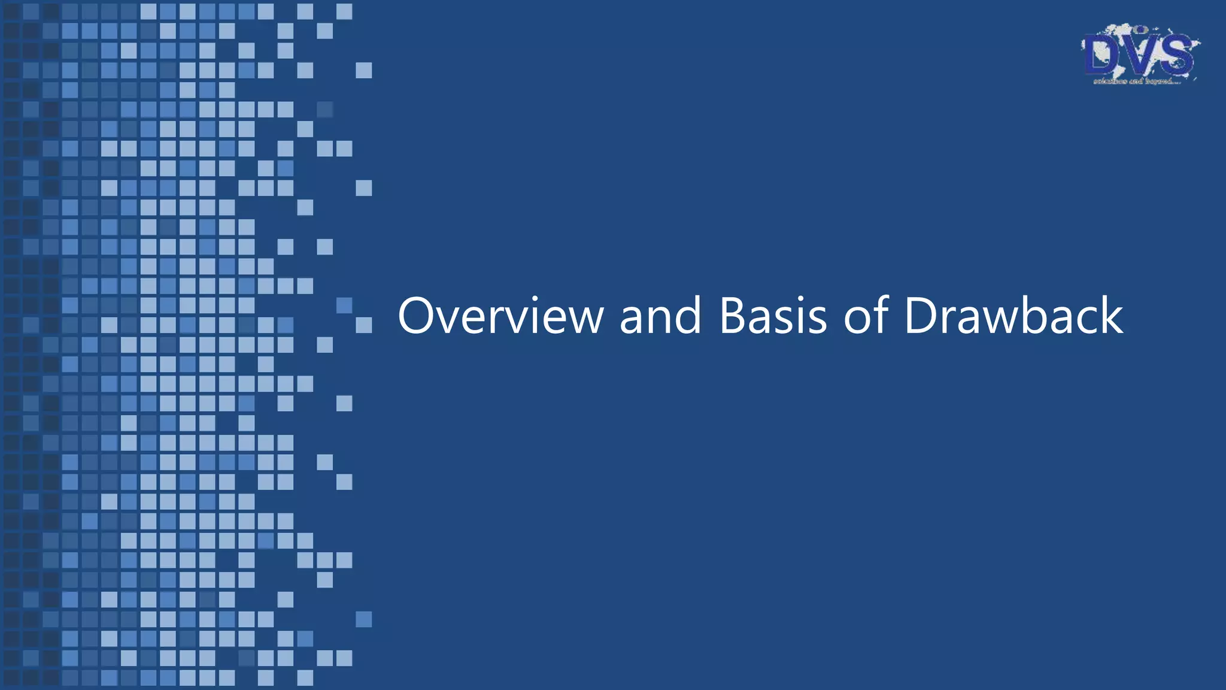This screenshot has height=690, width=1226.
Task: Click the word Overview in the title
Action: coord(500,316)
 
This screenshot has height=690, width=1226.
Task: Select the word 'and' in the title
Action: coord(660,316)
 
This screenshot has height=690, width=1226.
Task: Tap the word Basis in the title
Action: coord(773,316)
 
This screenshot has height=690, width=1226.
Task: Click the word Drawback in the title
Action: coord(1013,316)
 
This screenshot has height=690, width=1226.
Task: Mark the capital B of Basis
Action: coord(732,316)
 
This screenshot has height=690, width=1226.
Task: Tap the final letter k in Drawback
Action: coord(1111,316)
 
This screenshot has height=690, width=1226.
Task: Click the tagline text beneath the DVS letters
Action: coord(1136,81)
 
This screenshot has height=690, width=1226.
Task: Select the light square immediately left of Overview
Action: coord(363,325)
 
